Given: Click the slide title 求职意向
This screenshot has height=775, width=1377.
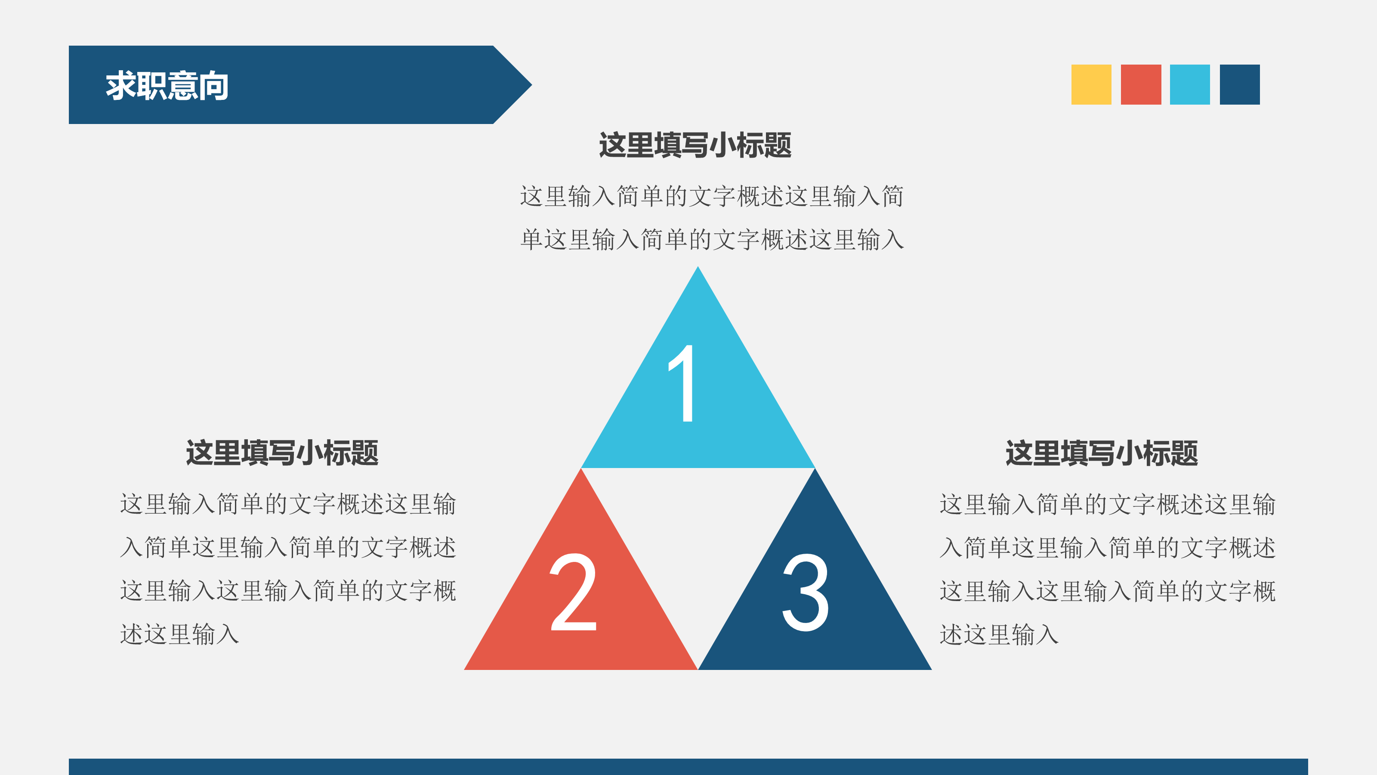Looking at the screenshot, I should click(167, 86).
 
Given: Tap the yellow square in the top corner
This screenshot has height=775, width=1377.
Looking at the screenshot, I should click(1091, 84).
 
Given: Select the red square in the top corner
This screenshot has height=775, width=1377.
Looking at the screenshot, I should click(1141, 84).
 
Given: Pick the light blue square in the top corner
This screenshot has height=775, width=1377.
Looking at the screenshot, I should click(1190, 84).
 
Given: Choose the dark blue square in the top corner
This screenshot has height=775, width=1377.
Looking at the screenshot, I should click(1240, 84).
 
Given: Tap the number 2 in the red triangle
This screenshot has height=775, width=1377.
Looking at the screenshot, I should click(573, 592).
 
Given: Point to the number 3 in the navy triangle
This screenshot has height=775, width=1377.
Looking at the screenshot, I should click(806, 592).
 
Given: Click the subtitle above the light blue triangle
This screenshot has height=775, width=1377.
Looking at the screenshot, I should click(695, 145).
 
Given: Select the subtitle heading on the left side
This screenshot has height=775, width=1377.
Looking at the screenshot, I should click(282, 453).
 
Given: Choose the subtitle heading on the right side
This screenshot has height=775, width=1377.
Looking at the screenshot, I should click(1102, 453).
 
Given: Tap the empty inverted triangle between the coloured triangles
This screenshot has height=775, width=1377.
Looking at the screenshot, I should click(698, 535).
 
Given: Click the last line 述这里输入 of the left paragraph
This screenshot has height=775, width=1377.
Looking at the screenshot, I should click(179, 634).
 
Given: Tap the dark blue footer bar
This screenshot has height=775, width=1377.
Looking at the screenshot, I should click(688, 766).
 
